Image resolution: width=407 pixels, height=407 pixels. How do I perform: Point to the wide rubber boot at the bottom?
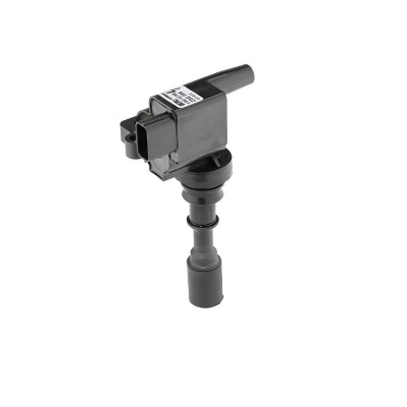(205, 282)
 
